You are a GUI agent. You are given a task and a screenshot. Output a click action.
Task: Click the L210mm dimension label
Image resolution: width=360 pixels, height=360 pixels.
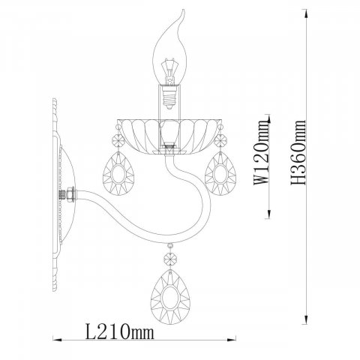tap(119, 331)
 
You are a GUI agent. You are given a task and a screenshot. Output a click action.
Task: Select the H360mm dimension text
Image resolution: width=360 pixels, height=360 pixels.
tap(298, 152)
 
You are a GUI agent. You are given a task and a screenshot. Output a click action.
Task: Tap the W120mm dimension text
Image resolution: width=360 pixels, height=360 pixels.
tap(262, 152)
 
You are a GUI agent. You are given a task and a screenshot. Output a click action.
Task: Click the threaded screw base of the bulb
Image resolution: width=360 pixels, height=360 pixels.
tap(169, 98)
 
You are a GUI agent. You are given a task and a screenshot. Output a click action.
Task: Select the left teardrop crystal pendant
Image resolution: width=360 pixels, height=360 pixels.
tap(118, 173)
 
